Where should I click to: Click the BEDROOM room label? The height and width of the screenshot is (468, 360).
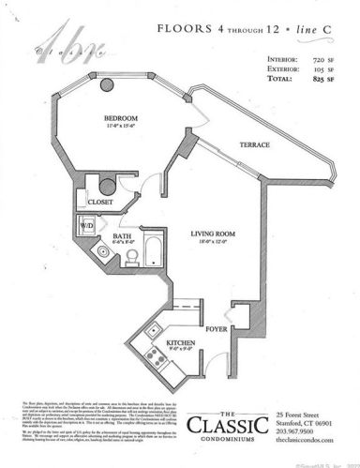[x=122, y=116]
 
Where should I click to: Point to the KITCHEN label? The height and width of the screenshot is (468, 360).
[x=181, y=343]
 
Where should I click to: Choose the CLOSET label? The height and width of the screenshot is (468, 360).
[x=101, y=200]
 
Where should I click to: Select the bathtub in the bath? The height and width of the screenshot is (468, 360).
[x=155, y=249]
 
